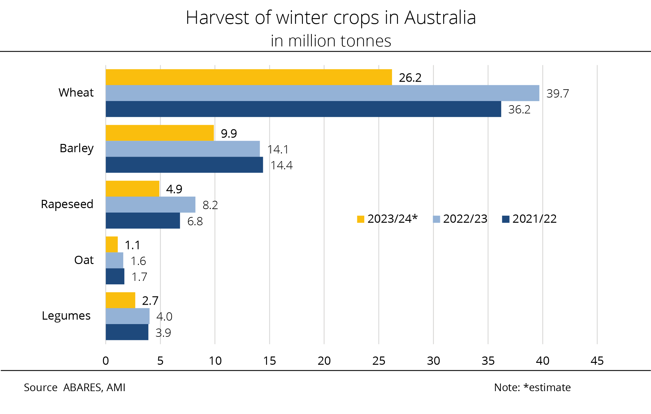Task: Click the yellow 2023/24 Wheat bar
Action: pos(249,77)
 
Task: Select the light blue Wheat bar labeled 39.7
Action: pos(322,93)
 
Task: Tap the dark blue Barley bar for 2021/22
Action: pos(184,165)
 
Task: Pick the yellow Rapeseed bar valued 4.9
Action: pos(132,189)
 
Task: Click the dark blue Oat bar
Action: pos(115,276)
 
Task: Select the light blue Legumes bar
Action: pos(127,316)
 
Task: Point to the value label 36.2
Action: pos(519,110)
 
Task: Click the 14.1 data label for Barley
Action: pos(278,149)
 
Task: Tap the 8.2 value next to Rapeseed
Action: pos(210,205)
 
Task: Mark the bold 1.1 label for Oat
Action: pos(132,245)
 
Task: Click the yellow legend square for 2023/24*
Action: pos(360,219)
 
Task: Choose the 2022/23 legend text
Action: pos(465,219)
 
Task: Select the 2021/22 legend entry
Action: pos(534,219)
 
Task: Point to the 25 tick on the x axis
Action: pos(379,361)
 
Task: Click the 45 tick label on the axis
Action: pos(597,361)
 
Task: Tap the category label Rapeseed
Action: pos(67,204)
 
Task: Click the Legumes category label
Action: pos(66,316)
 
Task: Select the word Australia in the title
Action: pos(440,18)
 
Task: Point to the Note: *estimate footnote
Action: pos(532,388)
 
